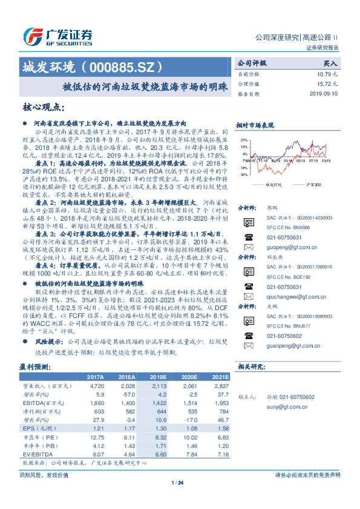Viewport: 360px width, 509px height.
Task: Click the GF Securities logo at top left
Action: coord(57,34)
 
